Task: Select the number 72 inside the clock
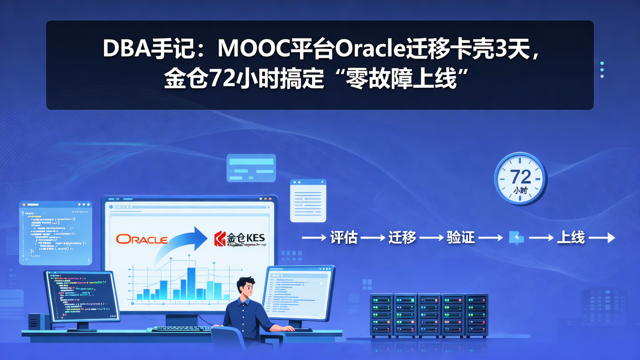coord(520,177)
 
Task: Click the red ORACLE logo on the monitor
coord(142,239)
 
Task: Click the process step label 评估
coord(344,238)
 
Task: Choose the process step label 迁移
coord(402,238)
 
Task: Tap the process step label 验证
coord(460,238)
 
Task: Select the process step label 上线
coord(571,238)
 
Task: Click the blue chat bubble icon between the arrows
coord(516,238)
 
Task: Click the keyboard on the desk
coord(182,329)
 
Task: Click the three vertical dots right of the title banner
coord(602,70)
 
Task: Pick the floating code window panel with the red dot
coord(55,232)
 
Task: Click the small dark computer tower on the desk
coord(36,322)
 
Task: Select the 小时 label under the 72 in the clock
coord(520,190)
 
